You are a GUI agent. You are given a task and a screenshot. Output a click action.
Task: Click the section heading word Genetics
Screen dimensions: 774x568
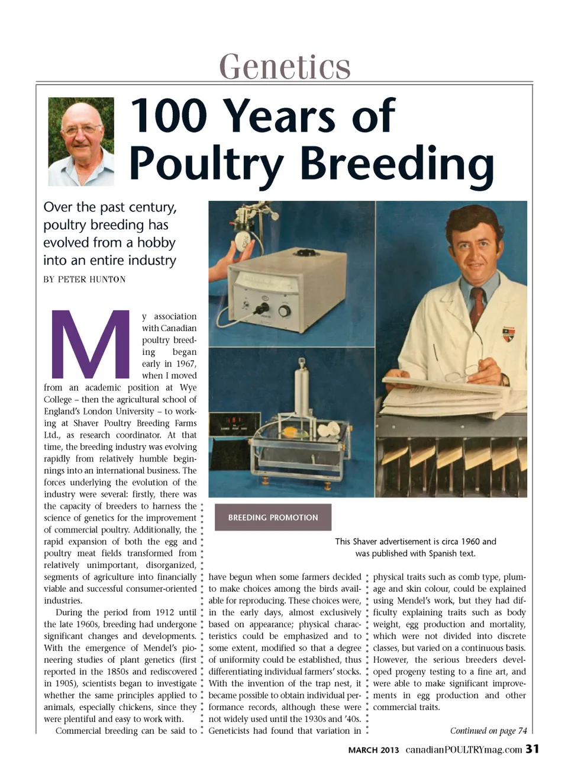click(285, 66)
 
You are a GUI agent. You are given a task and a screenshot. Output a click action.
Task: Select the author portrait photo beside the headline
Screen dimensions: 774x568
click(81, 142)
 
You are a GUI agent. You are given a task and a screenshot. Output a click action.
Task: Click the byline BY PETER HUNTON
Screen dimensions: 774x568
click(84, 280)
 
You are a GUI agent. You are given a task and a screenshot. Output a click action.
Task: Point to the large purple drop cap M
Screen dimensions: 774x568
click(90, 344)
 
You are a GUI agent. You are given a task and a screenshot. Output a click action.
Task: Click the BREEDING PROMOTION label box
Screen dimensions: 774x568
click(273, 517)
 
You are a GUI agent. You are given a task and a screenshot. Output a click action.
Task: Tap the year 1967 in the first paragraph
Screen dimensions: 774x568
click(186, 364)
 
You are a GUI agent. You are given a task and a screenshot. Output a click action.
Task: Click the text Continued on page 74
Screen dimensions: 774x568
click(488, 730)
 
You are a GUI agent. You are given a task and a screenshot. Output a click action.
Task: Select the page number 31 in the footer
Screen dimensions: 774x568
click(532, 749)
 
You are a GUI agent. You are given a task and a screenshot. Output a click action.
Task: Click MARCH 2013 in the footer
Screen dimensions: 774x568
click(373, 750)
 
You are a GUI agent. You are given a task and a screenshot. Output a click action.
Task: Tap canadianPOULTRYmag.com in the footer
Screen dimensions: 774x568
click(464, 750)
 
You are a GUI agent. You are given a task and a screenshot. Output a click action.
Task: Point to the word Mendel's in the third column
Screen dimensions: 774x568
click(421, 600)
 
